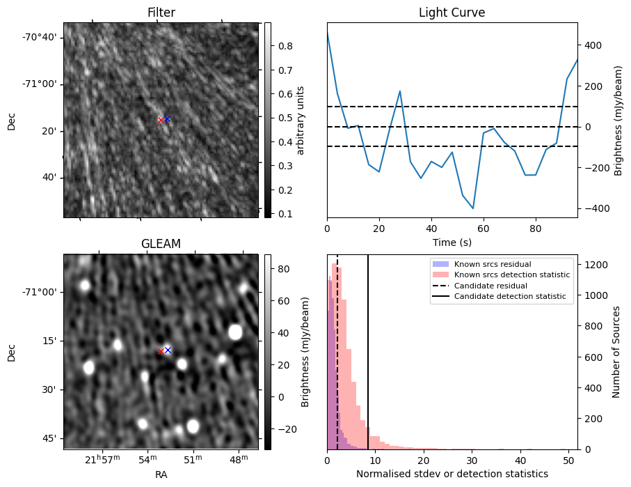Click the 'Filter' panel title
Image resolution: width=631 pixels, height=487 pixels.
coord(161,13)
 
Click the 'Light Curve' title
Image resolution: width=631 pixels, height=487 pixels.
coord(452,13)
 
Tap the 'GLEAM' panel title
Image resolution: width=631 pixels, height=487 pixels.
coord(161,244)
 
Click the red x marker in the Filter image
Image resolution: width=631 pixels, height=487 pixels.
coord(161,120)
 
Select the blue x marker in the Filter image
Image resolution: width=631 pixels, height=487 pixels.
coord(167,118)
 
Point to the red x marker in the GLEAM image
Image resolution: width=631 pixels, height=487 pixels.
coord(161,351)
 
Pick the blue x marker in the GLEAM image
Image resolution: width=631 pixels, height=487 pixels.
coord(168,350)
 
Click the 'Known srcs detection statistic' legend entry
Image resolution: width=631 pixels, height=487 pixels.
coord(511,275)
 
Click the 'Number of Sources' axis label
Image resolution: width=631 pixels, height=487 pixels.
coord(616,352)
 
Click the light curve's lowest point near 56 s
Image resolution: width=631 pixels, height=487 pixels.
coord(473,208)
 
